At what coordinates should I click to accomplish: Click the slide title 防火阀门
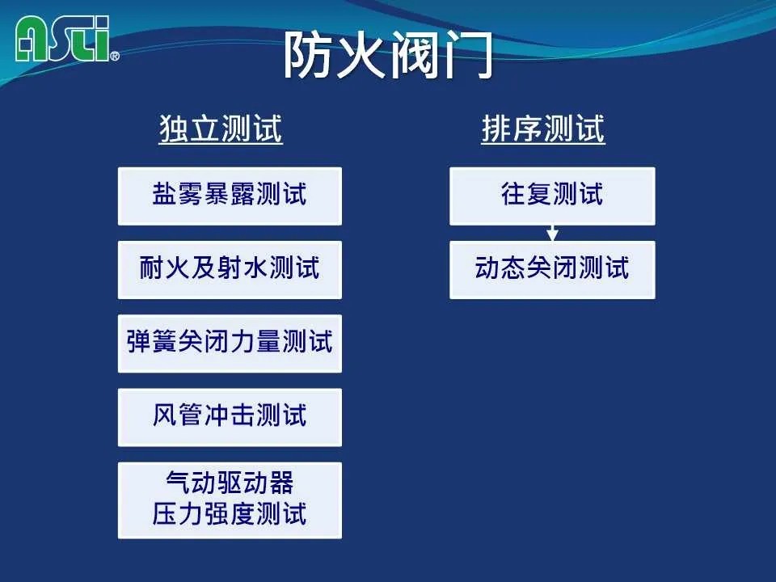(388, 56)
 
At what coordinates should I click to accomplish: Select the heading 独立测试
(221, 129)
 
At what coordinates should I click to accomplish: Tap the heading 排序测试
(543, 129)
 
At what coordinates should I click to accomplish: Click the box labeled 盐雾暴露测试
(230, 196)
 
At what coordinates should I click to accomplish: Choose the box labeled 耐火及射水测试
(230, 270)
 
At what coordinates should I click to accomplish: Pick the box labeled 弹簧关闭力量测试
(230, 344)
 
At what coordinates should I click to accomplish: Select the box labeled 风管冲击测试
(230, 417)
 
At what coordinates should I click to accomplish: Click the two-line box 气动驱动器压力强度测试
(230, 500)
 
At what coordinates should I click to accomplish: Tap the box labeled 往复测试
(552, 196)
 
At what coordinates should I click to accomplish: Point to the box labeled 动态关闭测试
(552, 270)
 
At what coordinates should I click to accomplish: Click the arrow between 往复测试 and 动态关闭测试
(552, 233)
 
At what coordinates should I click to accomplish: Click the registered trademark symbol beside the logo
(114, 56)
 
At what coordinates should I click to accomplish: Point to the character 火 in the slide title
(362, 56)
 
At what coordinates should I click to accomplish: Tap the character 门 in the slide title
(468, 56)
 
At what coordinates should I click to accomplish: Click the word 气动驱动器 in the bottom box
(230, 483)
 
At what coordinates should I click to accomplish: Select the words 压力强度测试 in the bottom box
(230, 513)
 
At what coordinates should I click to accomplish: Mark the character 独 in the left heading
(175, 129)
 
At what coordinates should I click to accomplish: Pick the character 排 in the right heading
(496, 129)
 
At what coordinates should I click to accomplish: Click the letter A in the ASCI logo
(32, 40)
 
